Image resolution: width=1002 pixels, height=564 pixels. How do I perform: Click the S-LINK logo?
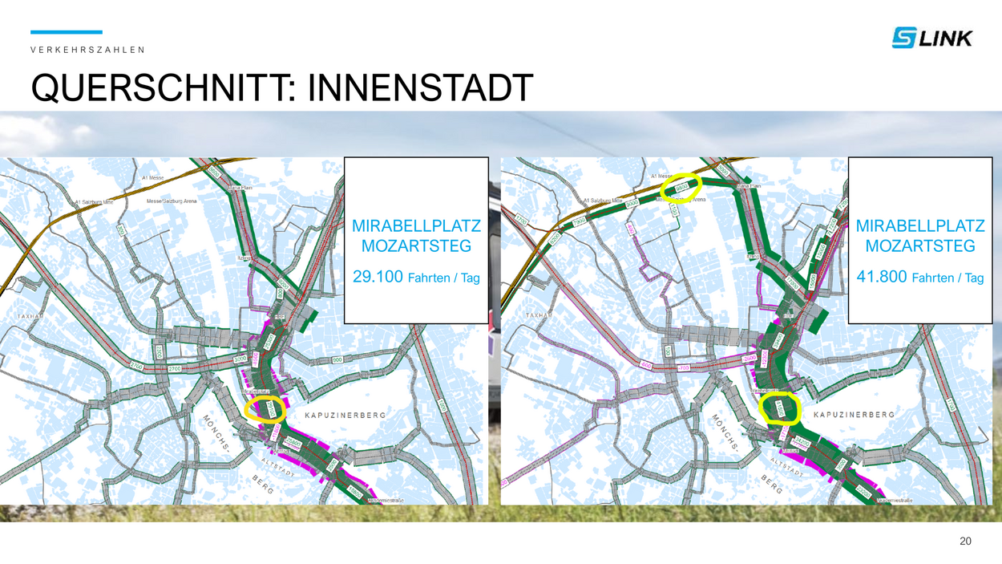click(931, 37)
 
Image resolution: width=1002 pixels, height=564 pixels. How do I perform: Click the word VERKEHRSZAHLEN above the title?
click(87, 50)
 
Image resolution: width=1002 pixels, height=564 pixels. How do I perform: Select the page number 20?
click(965, 542)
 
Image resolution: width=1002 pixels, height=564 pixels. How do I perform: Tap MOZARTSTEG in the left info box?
click(416, 245)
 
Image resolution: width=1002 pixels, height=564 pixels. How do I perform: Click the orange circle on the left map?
click(265, 408)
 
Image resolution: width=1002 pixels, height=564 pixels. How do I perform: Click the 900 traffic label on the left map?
click(338, 359)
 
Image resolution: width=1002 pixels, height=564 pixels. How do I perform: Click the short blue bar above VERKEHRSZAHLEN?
click(67, 32)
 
